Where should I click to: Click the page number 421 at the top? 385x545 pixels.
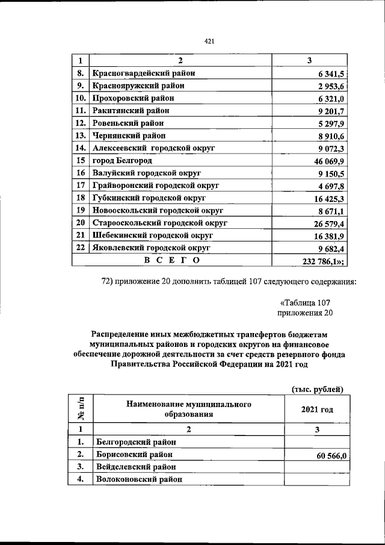(x=209, y=41)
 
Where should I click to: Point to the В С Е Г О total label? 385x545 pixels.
(x=171, y=260)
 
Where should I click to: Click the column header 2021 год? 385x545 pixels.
(x=316, y=410)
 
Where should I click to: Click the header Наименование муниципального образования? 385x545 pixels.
(x=188, y=410)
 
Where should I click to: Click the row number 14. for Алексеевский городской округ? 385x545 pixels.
(x=80, y=148)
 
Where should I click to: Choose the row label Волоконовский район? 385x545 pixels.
(x=138, y=480)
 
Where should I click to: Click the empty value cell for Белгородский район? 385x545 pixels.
(x=316, y=443)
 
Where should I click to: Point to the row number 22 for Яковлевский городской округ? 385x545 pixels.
(x=80, y=248)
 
